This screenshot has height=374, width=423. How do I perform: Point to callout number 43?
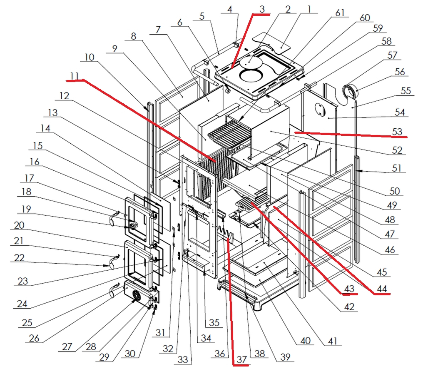click(348, 288)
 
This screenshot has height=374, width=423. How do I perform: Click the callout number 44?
click(381, 288)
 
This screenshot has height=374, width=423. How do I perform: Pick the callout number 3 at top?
click(261, 9)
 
